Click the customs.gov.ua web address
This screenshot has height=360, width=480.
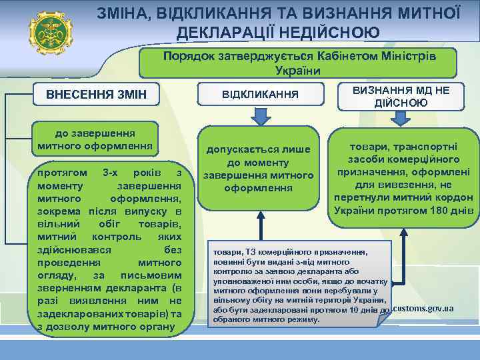[424, 309]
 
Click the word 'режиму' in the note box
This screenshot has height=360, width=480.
[303, 319]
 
